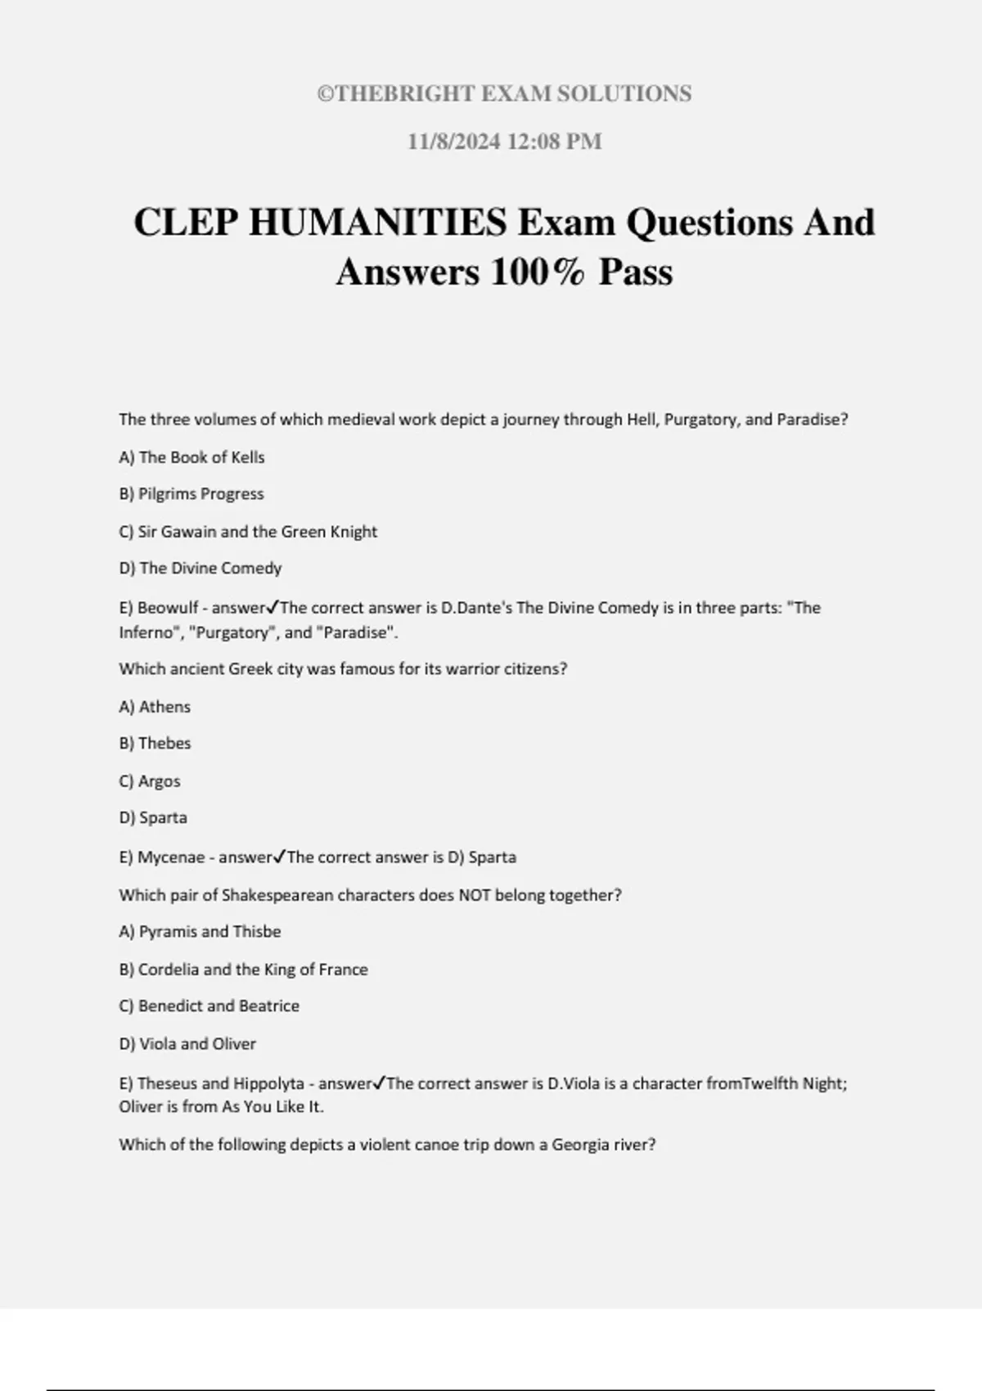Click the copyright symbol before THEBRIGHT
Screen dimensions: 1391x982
click(x=325, y=94)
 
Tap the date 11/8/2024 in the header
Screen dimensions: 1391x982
click(x=454, y=142)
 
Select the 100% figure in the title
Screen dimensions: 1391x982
click(x=538, y=272)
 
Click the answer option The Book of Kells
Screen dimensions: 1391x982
click(x=201, y=457)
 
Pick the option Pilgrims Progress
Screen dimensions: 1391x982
click(x=200, y=494)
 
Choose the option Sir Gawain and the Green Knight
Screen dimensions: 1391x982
click(x=257, y=532)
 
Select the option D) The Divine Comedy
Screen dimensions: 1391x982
click(x=200, y=568)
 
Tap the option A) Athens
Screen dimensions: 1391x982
click(x=155, y=707)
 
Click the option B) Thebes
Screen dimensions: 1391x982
click(x=155, y=744)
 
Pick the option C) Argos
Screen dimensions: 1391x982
click(x=150, y=781)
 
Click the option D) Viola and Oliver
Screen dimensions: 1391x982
click(x=187, y=1044)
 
